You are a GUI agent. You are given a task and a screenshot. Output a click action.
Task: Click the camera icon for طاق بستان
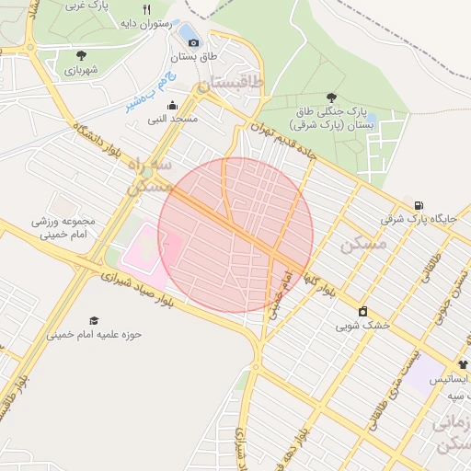pyautogui.click(x=193, y=42)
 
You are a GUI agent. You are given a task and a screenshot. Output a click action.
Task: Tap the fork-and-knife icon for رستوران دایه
pyautogui.click(x=145, y=9)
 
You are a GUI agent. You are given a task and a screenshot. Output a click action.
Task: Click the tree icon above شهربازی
pyautogui.click(x=81, y=55)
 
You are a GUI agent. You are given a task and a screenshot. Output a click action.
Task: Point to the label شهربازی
pyautogui.click(x=81, y=69)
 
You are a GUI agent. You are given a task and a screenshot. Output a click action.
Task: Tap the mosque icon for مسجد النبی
pyautogui.click(x=171, y=106)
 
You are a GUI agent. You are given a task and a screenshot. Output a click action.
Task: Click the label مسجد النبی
pyautogui.click(x=171, y=120)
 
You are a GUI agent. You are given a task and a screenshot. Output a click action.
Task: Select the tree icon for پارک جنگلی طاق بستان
pyautogui.click(x=331, y=97)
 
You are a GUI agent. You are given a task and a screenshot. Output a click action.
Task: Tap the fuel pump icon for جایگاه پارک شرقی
pyautogui.click(x=419, y=205)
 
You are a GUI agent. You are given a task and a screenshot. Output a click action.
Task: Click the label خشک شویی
pyautogui.click(x=362, y=325)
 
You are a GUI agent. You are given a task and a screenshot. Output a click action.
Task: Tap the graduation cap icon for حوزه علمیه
pyautogui.click(x=94, y=319)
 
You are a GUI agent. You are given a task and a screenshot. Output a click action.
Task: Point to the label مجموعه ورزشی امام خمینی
pyautogui.click(x=63, y=228)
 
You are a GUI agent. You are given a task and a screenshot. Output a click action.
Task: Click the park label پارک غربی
pyautogui.click(x=88, y=6)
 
